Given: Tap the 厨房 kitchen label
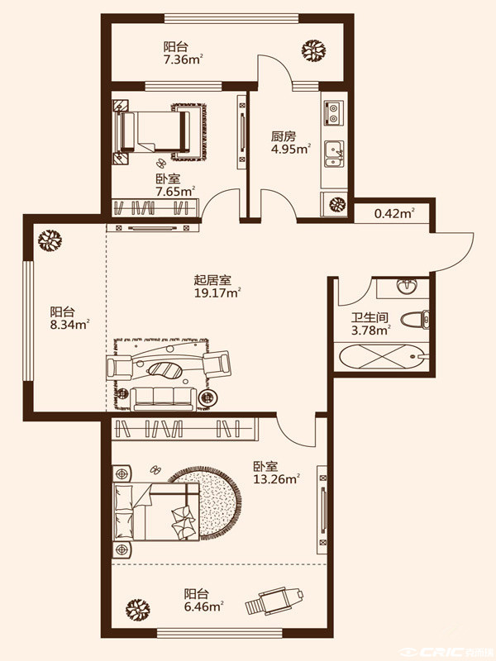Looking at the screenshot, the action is click(284, 136).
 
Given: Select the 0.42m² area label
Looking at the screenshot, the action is click(394, 213).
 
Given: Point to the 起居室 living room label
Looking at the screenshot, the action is click(212, 280).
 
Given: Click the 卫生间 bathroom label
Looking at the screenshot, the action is click(370, 317).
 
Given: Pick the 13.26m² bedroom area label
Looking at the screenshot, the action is click(277, 479).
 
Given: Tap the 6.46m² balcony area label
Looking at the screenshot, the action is click(203, 607).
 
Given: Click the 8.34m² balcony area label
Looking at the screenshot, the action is click(69, 325).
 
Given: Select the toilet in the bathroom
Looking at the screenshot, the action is click(415, 319).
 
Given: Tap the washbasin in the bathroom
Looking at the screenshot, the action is click(406, 287).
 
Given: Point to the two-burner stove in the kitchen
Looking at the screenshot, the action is click(334, 113).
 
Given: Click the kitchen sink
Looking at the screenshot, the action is click(335, 155).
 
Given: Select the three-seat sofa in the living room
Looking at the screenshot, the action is click(163, 399).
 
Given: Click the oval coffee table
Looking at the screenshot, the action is click(165, 370).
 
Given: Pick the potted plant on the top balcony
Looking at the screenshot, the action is click(314, 50).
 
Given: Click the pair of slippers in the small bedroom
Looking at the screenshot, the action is click(161, 162).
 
